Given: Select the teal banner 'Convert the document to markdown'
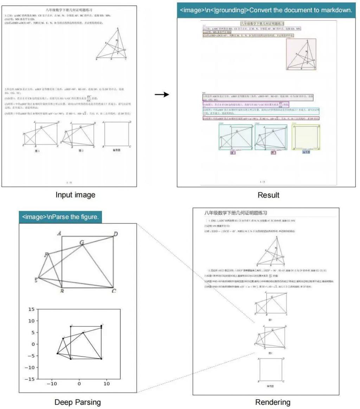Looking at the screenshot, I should (266, 10).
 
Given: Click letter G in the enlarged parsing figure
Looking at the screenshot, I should (82, 242).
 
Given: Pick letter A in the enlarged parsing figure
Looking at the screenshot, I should (60, 233).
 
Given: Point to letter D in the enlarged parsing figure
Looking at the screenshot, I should (115, 234).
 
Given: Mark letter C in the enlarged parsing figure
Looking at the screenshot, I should (114, 291).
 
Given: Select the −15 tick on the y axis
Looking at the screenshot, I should (31, 379).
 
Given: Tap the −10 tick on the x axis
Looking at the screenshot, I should (51, 384).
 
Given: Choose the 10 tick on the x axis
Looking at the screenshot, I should (106, 384).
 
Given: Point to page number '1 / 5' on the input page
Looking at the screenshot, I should (69, 183).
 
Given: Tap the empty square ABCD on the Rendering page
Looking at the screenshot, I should (271, 369).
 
